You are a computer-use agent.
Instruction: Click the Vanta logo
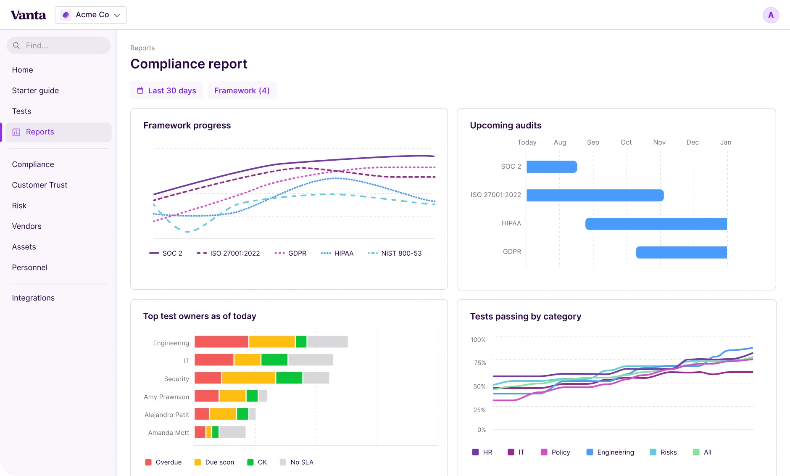pos(28,15)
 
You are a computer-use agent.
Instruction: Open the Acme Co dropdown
pos(91,15)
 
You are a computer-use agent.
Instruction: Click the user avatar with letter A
pos(771,15)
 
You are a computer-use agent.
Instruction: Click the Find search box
pos(59,45)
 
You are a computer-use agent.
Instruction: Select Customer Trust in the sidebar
pos(39,185)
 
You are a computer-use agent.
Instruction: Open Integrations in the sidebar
pos(33,298)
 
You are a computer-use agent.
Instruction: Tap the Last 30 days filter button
pos(167,90)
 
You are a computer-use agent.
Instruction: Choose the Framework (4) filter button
pos(242,90)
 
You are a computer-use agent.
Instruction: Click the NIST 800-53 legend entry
pos(395,253)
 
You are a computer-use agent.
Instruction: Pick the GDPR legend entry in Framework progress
pos(291,253)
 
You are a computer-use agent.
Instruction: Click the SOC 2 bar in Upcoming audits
pos(551,167)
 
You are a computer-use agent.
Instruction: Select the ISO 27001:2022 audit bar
pos(595,196)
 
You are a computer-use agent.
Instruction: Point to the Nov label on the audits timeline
pos(659,142)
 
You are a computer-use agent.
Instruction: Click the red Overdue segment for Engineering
pos(221,341)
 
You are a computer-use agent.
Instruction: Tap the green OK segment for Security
pos(289,378)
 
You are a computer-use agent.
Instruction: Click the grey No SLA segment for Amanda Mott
pos(232,432)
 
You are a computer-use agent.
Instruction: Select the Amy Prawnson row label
pos(166,397)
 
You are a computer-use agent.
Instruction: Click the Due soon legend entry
pos(214,462)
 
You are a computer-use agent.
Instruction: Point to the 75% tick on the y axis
pos(479,362)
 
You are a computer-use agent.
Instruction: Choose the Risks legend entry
pos(664,452)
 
